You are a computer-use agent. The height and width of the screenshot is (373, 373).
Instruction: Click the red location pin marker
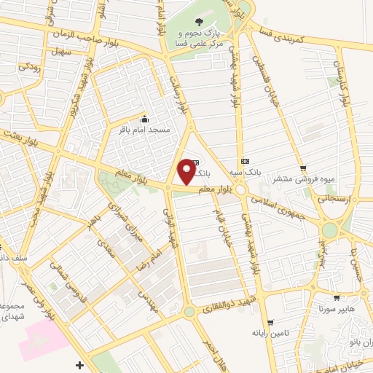pos(187,172)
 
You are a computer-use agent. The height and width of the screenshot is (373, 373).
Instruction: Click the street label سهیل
pos(61,52)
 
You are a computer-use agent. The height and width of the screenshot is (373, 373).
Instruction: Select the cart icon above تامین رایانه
pos(270,321)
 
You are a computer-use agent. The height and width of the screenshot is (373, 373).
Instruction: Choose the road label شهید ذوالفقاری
pos(232,299)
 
